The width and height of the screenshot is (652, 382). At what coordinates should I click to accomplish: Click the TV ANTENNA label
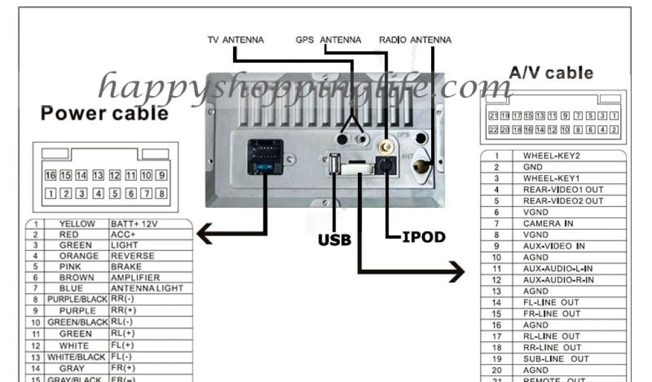236,40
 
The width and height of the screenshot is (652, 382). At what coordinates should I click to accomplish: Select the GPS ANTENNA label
328,40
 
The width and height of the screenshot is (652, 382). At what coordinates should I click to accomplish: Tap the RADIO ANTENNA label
415,40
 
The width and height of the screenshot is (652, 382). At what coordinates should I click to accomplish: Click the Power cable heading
104,113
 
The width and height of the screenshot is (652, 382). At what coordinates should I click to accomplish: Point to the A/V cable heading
551,73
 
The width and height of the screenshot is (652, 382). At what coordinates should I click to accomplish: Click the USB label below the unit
334,240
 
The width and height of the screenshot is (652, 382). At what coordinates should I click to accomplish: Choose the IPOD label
423,237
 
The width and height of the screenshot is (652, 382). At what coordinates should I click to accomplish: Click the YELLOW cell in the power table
76,224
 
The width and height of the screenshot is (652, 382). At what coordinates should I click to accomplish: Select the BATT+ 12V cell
134,224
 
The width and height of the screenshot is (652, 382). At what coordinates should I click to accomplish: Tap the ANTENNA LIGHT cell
147,288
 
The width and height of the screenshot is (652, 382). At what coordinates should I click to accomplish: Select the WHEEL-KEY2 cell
551,155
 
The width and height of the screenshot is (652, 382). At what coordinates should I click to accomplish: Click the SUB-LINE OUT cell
556,358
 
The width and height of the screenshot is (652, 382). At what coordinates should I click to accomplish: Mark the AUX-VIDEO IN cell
554,246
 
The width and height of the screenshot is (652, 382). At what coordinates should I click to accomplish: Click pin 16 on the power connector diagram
50,175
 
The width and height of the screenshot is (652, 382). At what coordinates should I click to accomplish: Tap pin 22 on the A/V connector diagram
493,130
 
